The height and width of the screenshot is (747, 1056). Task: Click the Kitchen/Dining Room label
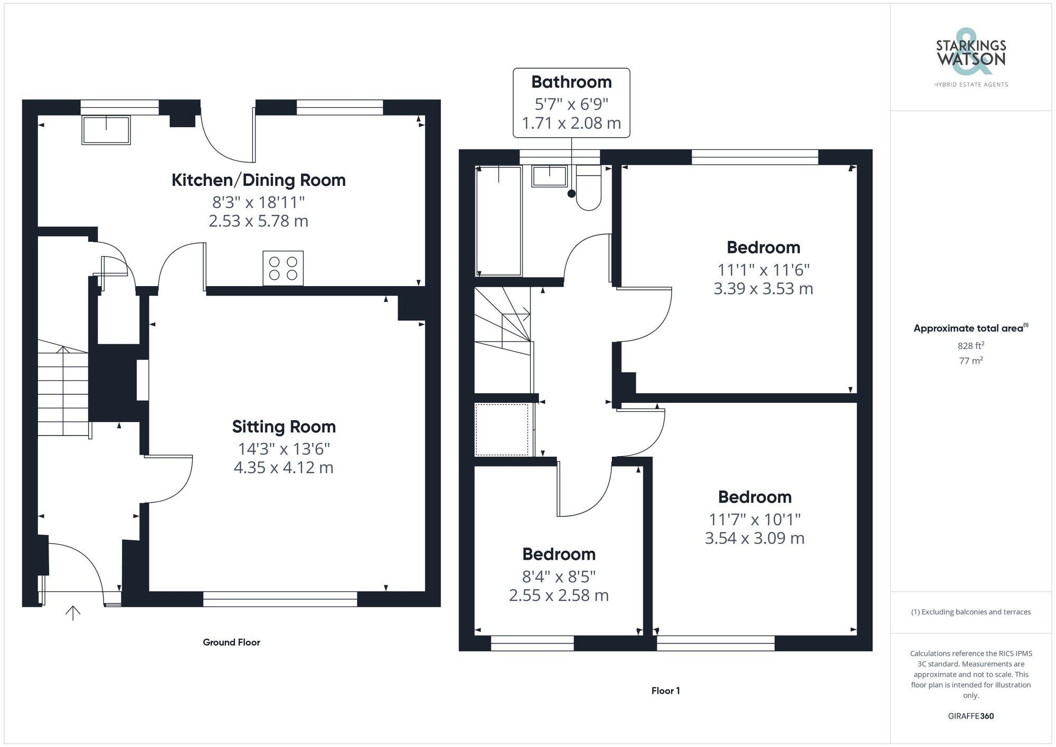pyautogui.click(x=258, y=180)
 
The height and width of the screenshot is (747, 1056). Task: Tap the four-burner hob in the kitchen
pyautogui.click(x=283, y=268)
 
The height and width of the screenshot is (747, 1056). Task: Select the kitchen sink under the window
pyautogui.click(x=106, y=130)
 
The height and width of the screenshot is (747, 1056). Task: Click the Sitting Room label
pyautogui.click(x=284, y=427)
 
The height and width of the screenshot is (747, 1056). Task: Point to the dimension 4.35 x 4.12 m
pyautogui.click(x=284, y=468)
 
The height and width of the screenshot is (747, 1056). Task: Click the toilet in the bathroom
pyautogui.click(x=588, y=189)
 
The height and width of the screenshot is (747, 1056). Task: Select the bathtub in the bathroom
pyautogui.click(x=499, y=221)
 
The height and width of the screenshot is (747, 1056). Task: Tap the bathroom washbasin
pyautogui.click(x=549, y=176)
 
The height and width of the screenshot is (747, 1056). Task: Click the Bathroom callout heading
pyautogui.click(x=571, y=82)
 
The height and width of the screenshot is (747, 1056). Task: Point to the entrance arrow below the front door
pyautogui.click(x=73, y=612)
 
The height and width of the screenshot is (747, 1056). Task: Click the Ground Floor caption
pyautogui.click(x=231, y=642)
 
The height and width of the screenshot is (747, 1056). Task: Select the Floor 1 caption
pyautogui.click(x=665, y=691)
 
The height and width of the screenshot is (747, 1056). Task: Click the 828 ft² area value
pyautogui.click(x=970, y=346)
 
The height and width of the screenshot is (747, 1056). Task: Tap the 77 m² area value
pyautogui.click(x=970, y=361)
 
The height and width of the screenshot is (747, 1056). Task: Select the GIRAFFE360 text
pyautogui.click(x=970, y=716)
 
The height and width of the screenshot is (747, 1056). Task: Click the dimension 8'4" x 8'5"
pyautogui.click(x=559, y=576)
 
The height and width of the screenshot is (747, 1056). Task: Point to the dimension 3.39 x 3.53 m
pyautogui.click(x=763, y=289)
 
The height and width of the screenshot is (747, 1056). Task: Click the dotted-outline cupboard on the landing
pyautogui.click(x=502, y=429)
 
